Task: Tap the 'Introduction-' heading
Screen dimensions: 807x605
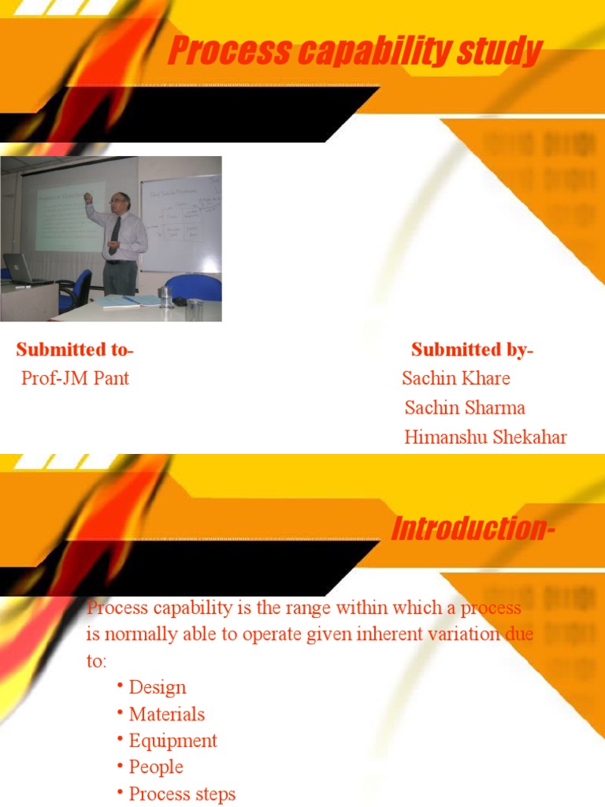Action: (473, 529)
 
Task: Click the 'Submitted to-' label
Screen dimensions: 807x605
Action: (75, 349)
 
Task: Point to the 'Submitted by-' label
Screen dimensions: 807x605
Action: (472, 349)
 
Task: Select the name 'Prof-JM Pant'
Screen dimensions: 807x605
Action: (75, 378)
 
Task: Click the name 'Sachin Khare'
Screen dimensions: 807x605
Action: (456, 378)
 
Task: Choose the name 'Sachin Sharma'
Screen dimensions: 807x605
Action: (465, 408)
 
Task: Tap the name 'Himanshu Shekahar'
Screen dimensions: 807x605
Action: (485, 437)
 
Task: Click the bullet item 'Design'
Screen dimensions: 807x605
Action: (158, 687)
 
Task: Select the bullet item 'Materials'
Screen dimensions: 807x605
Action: (166, 714)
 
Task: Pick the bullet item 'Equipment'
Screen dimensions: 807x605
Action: (173, 741)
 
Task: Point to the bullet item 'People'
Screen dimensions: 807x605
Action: (156, 767)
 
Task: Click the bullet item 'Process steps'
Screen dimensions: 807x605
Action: (182, 794)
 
